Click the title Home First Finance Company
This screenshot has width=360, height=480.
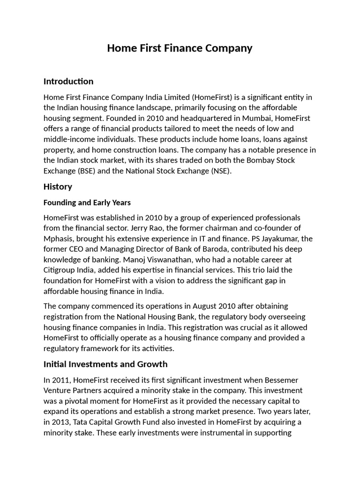(180, 48)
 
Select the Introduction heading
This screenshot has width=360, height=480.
(68, 82)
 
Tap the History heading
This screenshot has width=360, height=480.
(58, 187)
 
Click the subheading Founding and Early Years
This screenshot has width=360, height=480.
(87, 202)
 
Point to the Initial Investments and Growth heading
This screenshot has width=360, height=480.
(105, 364)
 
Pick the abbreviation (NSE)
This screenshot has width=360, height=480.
(220, 171)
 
